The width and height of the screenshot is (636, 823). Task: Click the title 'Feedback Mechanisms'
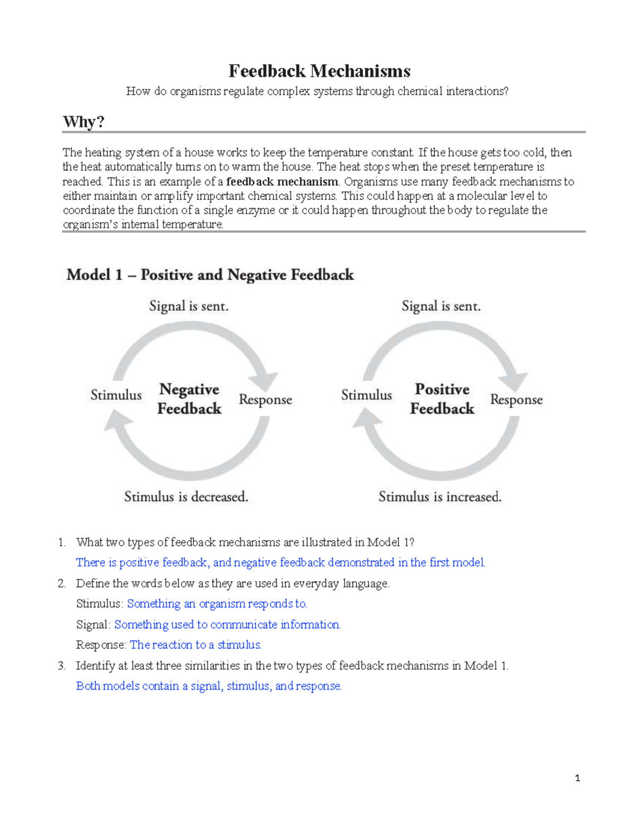(319, 71)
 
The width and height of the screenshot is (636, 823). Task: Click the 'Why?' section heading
(83, 121)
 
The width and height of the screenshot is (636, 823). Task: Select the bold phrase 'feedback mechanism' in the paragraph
(282, 182)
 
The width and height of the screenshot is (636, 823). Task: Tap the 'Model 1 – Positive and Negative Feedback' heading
(210, 275)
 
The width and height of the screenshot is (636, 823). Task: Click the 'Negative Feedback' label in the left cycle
(189, 399)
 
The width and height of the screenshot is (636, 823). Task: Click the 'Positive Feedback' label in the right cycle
(442, 399)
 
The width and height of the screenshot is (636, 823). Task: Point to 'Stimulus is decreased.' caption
(186, 497)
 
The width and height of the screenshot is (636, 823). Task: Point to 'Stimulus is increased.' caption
(440, 497)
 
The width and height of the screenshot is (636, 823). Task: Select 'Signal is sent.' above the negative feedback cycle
(189, 306)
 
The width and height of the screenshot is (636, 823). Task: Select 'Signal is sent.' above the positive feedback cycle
(441, 306)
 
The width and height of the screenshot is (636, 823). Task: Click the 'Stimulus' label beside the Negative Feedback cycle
(116, 395)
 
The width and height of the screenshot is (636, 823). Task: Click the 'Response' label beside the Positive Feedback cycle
(516, 400)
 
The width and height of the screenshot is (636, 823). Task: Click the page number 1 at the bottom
(577, 778)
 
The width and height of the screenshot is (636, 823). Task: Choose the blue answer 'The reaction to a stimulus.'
(196, 645)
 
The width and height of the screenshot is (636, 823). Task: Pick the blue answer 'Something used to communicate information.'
(227, 625)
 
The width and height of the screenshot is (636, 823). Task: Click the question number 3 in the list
(61, 666)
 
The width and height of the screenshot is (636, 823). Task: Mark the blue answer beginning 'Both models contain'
(209, 686)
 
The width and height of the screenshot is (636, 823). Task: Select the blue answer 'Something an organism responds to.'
(217, 604)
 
